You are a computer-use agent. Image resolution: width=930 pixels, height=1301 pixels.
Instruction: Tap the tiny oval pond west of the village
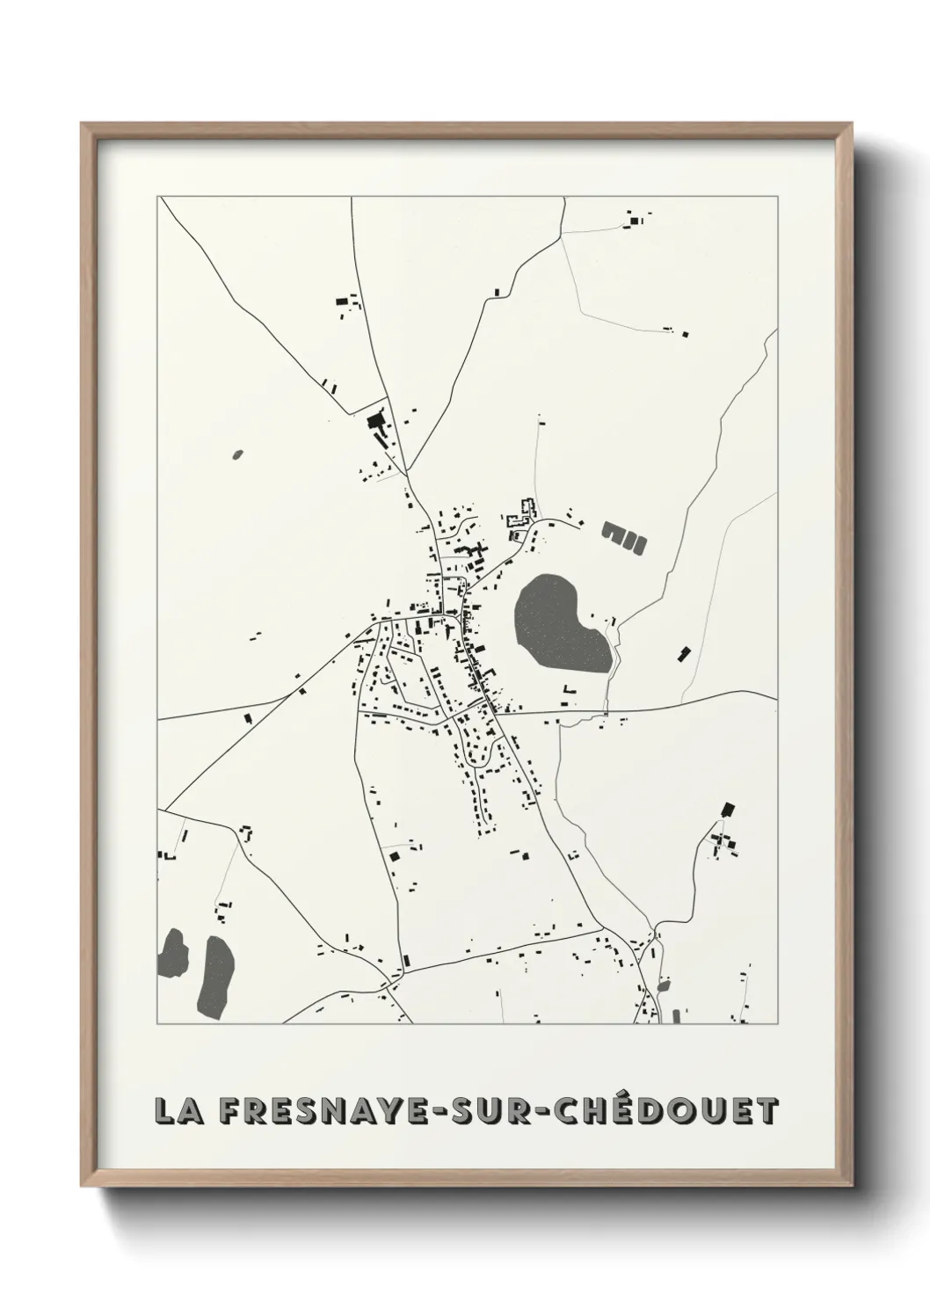[236, 454]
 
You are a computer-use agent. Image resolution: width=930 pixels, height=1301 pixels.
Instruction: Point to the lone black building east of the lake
[683, 652]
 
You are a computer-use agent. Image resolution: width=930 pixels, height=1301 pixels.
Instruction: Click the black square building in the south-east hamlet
[727, 809]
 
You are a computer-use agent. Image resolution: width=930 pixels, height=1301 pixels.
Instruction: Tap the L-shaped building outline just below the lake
[568, 690]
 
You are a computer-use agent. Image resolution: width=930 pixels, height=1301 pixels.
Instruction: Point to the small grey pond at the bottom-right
[663, 985]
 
